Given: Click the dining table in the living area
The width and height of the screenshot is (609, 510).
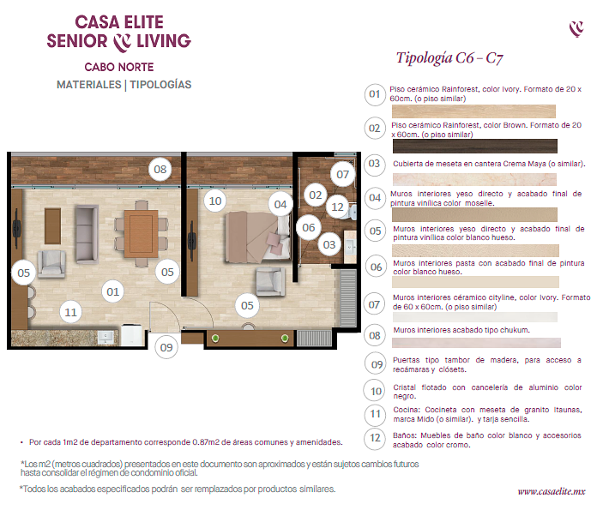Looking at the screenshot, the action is [x=141, y=234].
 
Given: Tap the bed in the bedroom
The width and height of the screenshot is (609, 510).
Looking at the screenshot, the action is [x=258, y=237].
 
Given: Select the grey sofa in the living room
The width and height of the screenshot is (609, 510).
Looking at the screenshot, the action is [x=87, y=235].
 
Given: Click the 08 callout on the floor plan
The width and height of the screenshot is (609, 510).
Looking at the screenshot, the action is [x=160, y=169].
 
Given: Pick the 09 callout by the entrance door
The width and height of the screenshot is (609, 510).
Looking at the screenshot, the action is [x=166, y=347].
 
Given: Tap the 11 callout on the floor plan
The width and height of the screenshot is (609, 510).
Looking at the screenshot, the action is [x=70, y=312].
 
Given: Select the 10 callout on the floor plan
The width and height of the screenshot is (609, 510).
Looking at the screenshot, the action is [x=215, y=201].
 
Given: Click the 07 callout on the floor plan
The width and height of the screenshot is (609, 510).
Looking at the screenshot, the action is [x=342, y=174].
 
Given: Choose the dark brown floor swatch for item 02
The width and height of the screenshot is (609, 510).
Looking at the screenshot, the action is [x=474, y=147].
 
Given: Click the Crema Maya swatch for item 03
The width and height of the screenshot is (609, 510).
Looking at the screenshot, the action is [x=474, y=179].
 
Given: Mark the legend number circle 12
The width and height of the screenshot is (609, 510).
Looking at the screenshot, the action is [x=375, y=438].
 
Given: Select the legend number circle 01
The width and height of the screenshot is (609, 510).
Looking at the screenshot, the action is [x=375, y=94].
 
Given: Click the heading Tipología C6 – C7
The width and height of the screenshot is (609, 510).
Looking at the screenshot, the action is [x=449, y=58].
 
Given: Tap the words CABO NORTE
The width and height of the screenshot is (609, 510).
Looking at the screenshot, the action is [x=119, y=67].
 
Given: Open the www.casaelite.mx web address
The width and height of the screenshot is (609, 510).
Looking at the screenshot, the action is [x=552, y=492].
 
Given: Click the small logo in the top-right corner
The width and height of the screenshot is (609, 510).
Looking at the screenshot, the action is [x=576, y=29].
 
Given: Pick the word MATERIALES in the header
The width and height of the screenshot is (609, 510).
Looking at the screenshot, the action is [x=89, y=85].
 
